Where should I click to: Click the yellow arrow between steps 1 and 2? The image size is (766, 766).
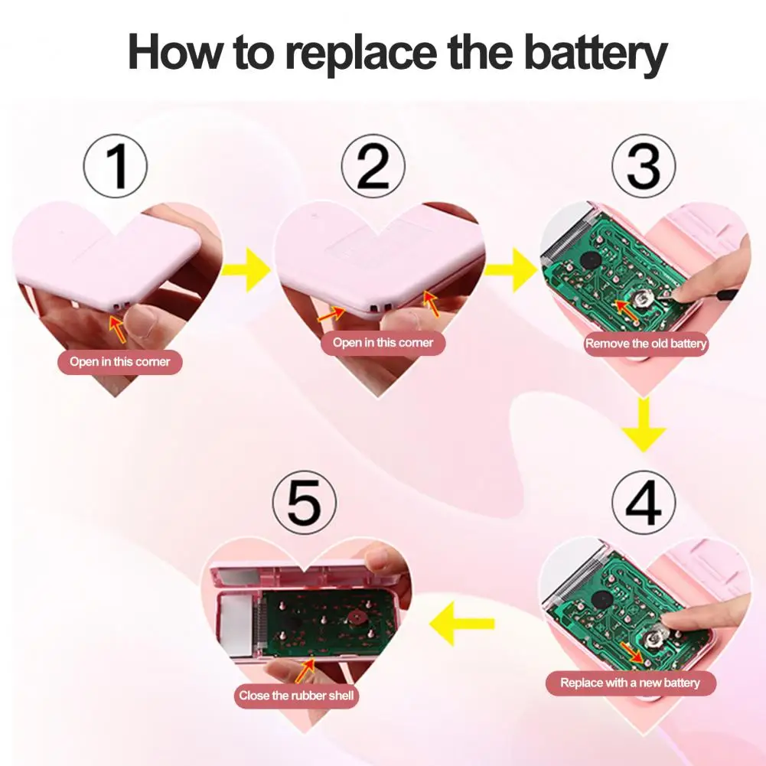(245, 269)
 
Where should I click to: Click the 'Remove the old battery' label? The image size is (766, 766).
(646, 344)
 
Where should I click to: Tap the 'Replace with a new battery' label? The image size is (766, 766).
(630, 683)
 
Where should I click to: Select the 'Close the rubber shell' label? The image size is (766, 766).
(296, 696)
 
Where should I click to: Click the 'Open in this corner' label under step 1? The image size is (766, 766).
(120, 362)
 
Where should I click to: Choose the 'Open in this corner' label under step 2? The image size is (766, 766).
(383, 343)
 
